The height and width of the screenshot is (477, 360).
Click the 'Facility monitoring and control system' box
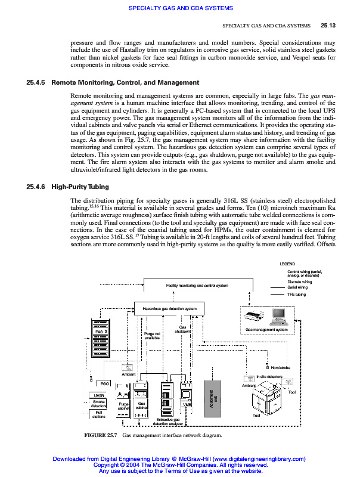click(197, 286)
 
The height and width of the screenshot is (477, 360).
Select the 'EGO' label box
click(104, 383)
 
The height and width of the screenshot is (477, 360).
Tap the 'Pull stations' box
click(99, 414)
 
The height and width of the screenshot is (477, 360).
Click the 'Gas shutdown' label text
click(182, 329)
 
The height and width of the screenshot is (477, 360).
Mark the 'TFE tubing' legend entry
click(296, 294)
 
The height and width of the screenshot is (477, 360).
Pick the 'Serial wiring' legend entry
click(297, 287)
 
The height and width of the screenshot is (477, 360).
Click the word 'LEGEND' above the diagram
click(287, 264)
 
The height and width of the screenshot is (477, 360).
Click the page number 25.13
click(328, 26)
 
